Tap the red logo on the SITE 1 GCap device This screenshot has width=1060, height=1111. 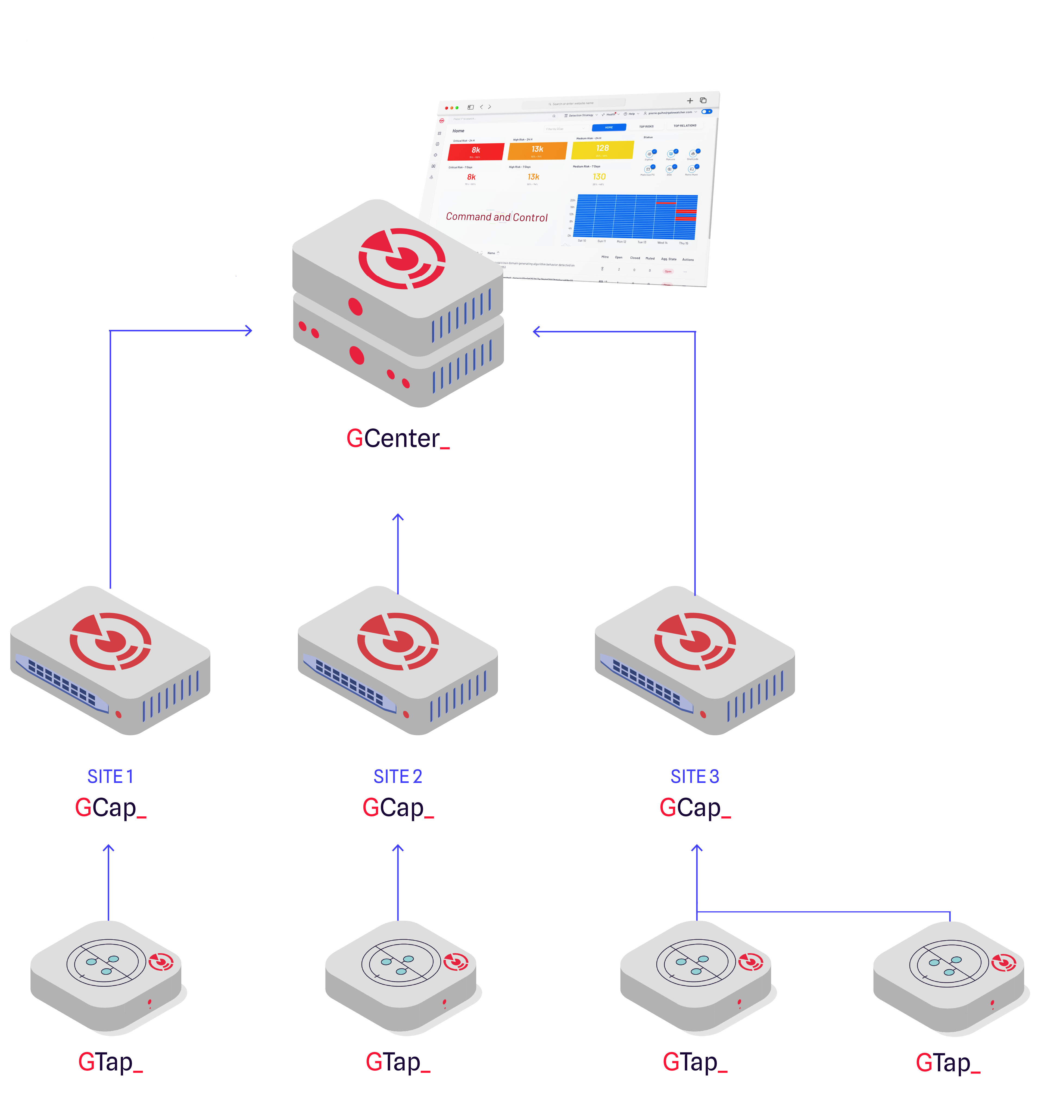tap(110, 641)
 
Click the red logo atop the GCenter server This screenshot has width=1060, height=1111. tap(402, 258)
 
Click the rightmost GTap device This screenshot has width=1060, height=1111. tap(949, 975)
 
